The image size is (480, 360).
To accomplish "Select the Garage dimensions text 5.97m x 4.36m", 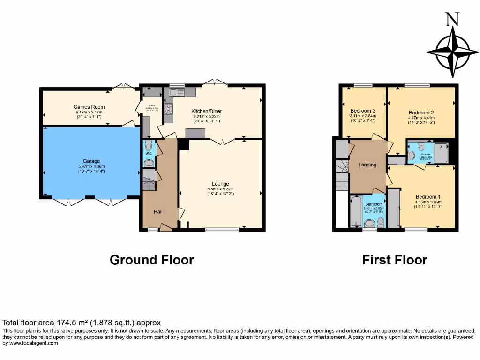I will [89, 166].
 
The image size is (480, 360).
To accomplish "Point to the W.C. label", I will [149, 153].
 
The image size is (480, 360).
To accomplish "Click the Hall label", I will [158, 212].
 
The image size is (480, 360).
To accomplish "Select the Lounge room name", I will [220, 184].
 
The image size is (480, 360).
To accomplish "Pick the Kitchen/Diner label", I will [206, 111].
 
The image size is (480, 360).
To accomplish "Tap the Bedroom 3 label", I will [363, 111].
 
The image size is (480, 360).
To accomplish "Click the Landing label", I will [367, 165].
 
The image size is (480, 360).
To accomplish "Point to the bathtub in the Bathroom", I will [356, 212].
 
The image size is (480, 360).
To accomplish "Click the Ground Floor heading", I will [151, 260].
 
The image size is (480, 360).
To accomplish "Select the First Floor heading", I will [395, 260].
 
